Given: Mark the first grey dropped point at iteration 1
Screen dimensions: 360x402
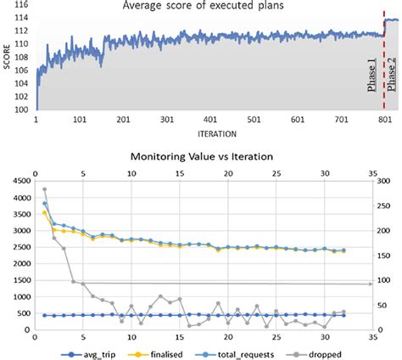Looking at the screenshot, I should pyautogui.click(x=44, y=189).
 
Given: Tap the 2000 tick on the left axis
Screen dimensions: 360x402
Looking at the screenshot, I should pyautogui.click(x=19, y=271).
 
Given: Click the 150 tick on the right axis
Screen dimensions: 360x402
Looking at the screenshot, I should pyautogui.click(x=388, y=253).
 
